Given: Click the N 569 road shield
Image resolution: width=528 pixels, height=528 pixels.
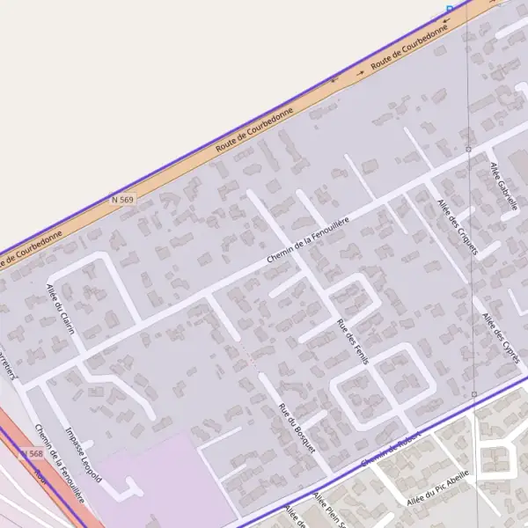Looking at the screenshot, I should [x=123, y=200].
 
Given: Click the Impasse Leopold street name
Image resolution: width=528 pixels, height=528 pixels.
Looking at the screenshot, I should [x=84, y=453].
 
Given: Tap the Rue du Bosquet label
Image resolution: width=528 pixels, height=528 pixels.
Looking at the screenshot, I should [x=297, y=427].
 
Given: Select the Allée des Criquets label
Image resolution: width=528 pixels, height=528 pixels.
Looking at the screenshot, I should [x=457, y=226].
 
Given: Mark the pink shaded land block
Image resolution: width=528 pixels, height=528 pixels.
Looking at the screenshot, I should [x=167, y=480].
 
